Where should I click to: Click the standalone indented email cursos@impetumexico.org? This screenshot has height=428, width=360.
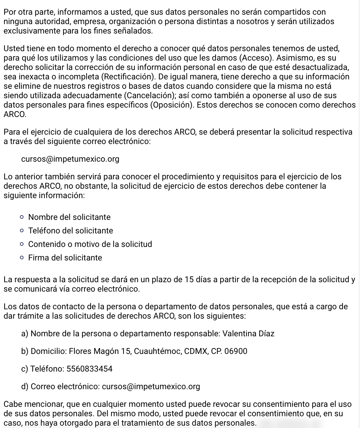[70, 159]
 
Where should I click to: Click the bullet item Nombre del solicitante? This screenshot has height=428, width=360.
[69, 217]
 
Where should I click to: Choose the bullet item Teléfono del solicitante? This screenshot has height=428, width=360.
[70, 231]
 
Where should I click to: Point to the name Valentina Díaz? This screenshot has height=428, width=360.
[248, 334]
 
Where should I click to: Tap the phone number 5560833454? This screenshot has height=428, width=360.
[90, 369]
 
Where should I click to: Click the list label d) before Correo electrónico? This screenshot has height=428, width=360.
[25, 386]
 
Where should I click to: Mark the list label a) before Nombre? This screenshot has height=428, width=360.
[25, 334]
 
